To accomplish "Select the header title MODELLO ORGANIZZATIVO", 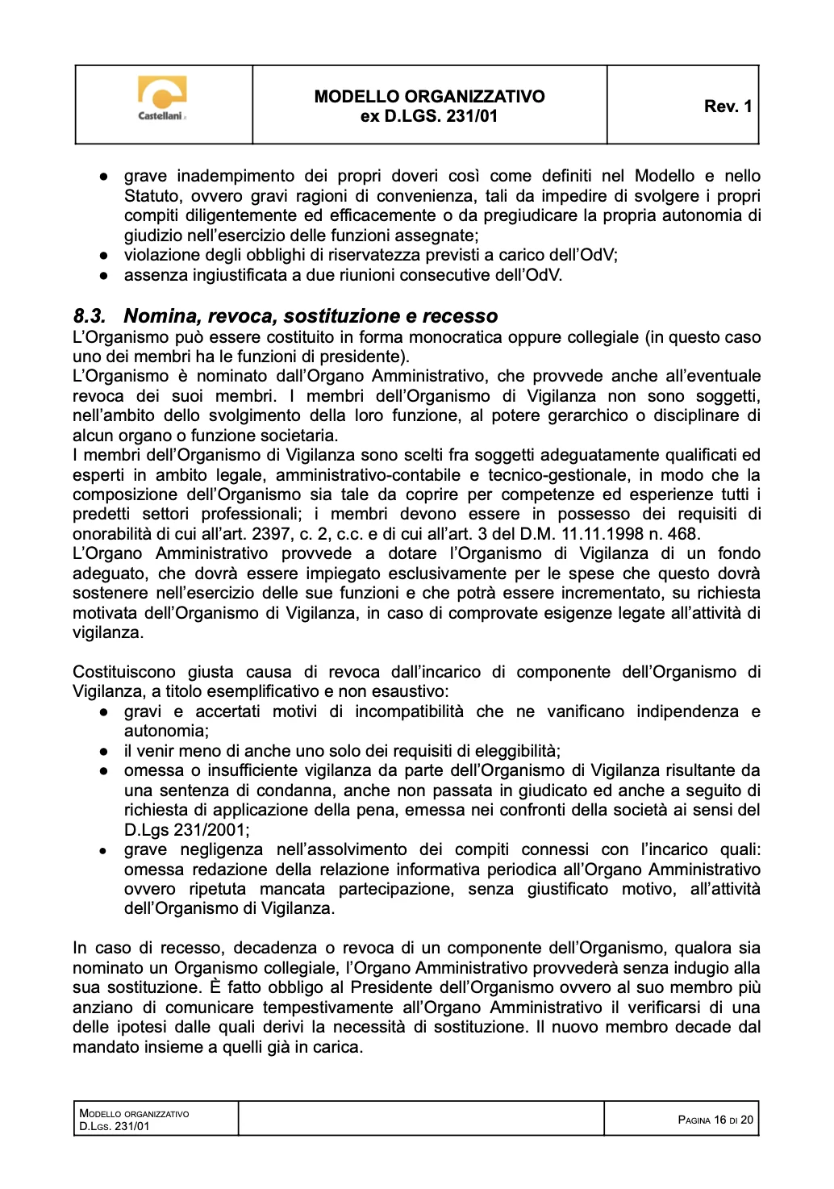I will [429, 97].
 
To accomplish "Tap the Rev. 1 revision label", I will [728, 106].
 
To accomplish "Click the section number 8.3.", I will [90, 316].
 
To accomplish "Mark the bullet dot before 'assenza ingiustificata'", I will [104, 276].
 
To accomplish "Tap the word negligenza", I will [221, 849].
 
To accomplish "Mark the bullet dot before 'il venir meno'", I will [104, 752].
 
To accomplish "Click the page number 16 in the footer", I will [719, 1120].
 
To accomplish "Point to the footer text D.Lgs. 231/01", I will [115, 1126].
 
